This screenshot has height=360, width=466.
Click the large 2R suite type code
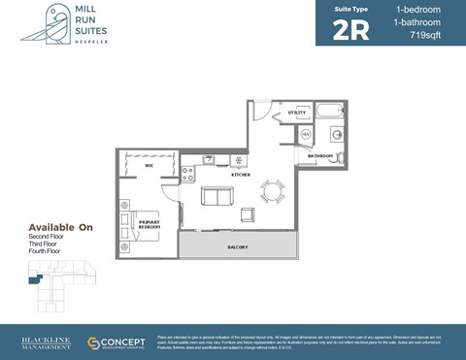[350, 29]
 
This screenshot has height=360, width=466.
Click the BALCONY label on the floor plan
[238, 246]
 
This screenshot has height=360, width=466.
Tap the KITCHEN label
[241, 175]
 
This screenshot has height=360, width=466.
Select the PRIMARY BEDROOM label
[150, 224]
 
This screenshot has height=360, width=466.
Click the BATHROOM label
[320, 156]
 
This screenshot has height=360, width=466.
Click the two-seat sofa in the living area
[217, 197]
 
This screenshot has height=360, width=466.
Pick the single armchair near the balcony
[248, 214]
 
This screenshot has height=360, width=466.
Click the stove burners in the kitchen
[188, 174]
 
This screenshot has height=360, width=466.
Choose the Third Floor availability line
[47, 244]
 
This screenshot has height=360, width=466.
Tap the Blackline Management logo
[46, 343]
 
